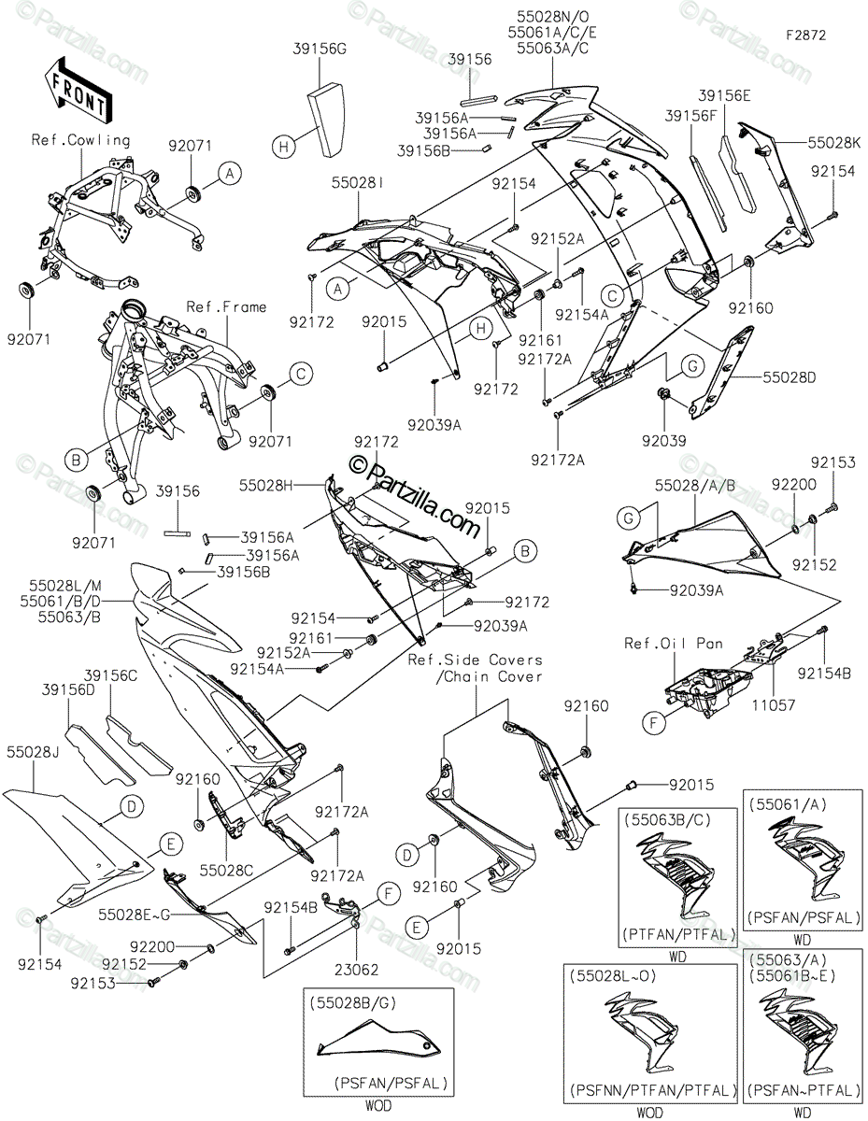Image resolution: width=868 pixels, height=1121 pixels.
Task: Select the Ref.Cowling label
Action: (x=81, y=140)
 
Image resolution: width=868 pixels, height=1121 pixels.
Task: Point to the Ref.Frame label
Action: (x=226, y=306)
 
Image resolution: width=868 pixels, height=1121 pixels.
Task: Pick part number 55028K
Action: (x=828, y=143)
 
